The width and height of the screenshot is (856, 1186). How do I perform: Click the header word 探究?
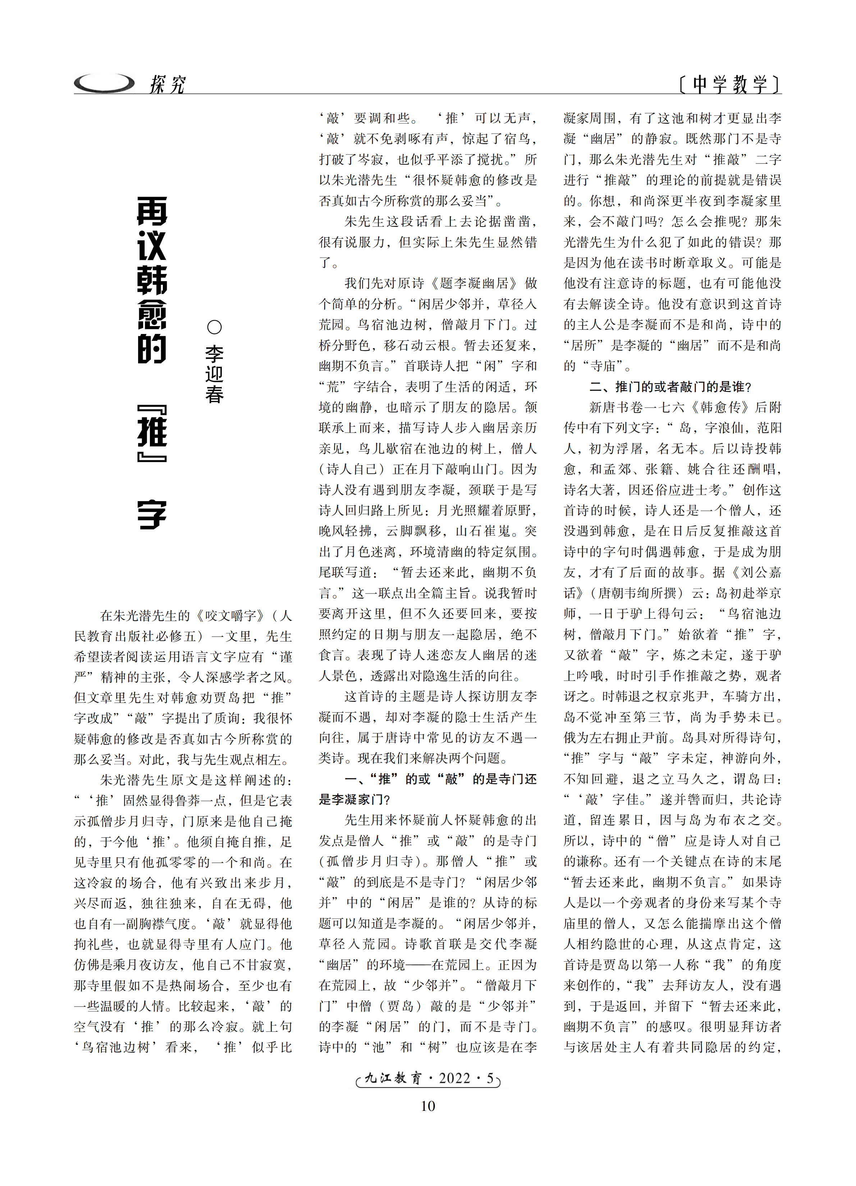pyautogui.click(x=167, y=84)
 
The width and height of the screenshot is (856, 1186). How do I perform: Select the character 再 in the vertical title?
pyautogui.click(x=152, y=212)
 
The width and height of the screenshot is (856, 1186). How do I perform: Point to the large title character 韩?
pyautogui.click(x=152, y=280)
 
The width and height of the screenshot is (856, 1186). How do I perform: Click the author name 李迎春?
pyautogui.click(x=214, y=374)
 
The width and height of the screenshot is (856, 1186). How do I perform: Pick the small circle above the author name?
pyautogui.click(x=214, y=328)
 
